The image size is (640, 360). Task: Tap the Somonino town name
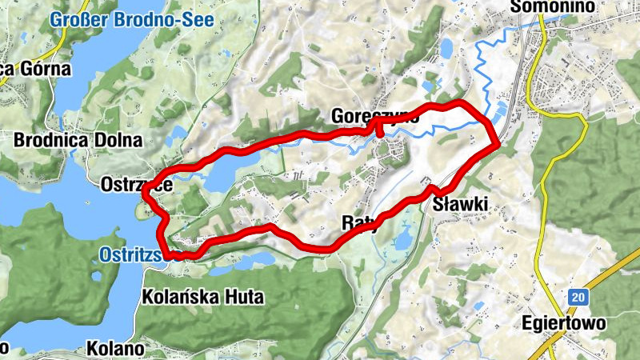pyautogui.click(x=553, y=6)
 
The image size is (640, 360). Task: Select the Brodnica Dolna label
pyautogui.click(x=78, y=140)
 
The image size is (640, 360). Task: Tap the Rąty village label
pyautogui.click(x=358, y=222)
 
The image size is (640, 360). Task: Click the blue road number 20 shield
pyautogui.click(x=576, y=297)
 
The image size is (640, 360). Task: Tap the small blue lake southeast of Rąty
pyautogui.click(x=403, y=238)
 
